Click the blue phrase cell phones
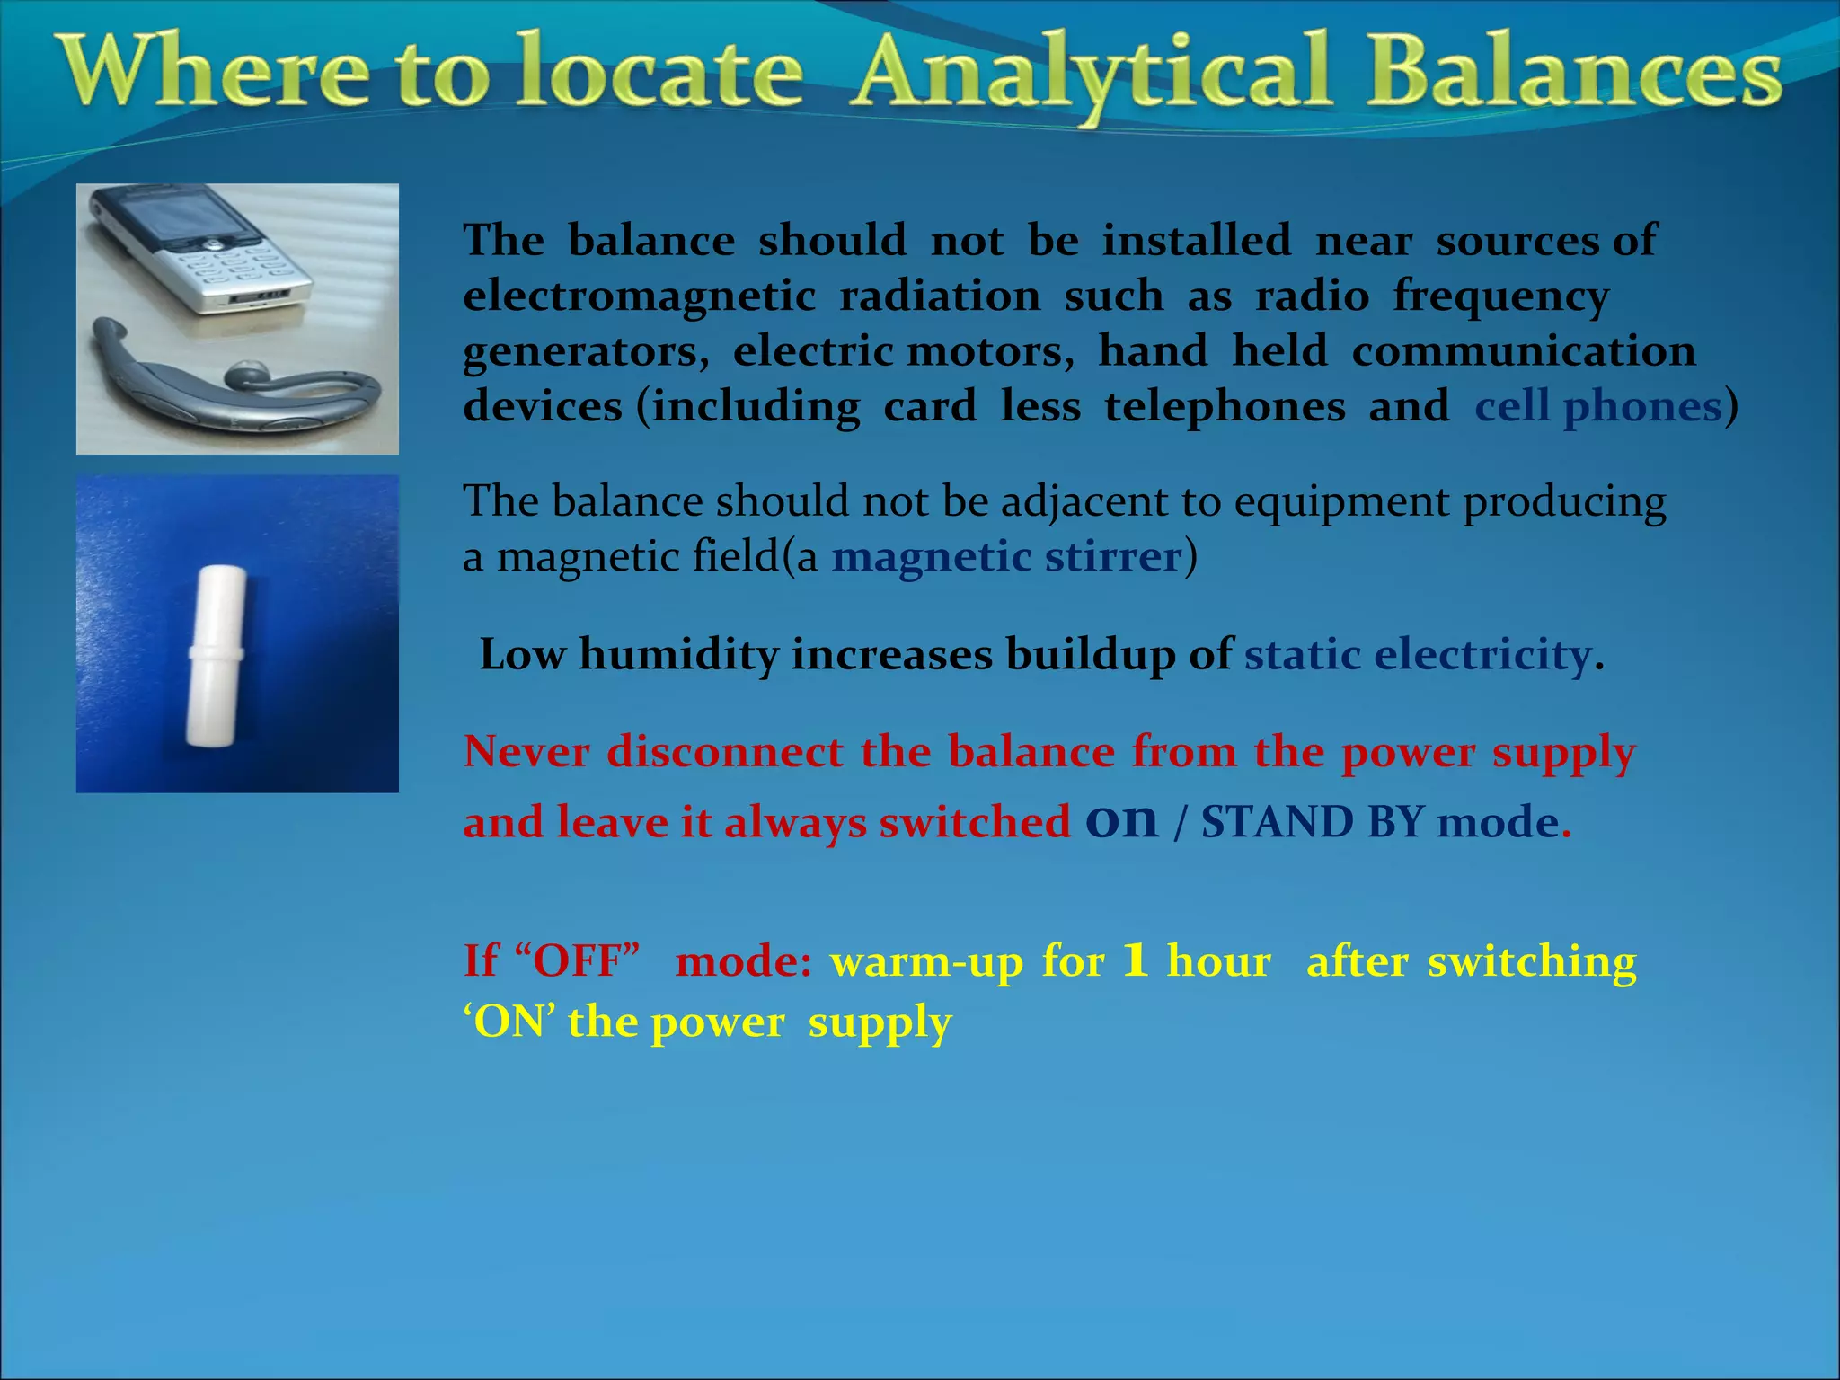point(1597,407)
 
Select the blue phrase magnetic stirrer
point(1005,557)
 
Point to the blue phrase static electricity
point(1417,654)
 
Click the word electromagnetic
point(639,296)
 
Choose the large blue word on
point(1121,819)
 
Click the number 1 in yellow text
point(1136,961)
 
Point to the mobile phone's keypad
point(238,269)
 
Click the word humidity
point(678,654)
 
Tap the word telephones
point(1225,407)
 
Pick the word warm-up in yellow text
point(926,961)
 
